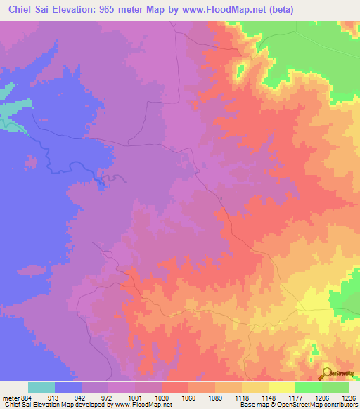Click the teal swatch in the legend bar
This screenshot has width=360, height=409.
pos(41,387)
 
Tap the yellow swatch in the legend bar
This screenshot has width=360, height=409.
pos(282,387)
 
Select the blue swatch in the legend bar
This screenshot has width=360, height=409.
pos(68,387)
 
